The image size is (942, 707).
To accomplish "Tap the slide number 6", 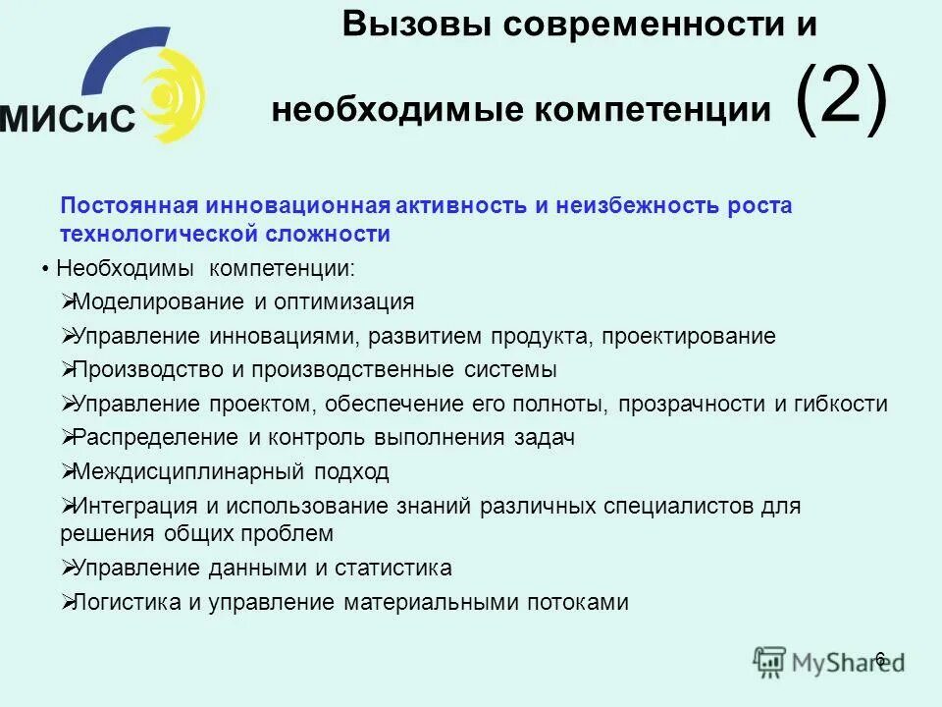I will click(x=879, y=658).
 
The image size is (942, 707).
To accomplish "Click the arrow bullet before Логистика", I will click(x=67, y=601).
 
